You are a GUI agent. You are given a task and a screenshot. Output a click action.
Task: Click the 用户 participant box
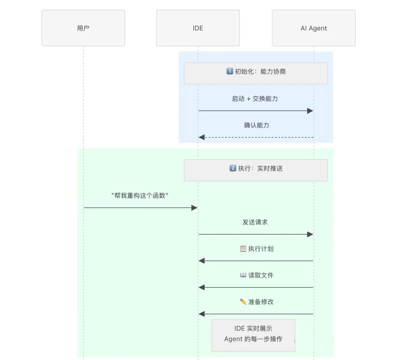(x=83, y=28)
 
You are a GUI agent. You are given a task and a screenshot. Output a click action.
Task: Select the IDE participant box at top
(x=198, y=28)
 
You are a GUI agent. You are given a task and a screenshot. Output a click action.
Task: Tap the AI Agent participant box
(x=314, y=28)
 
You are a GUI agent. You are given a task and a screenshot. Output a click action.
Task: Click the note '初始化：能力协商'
(x=256, y=73)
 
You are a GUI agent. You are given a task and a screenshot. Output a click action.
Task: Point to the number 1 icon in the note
(x=229, y=71)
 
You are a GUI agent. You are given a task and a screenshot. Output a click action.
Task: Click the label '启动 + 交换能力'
(x=255, y=99)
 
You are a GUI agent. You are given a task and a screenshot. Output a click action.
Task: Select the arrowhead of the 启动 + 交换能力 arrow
(x=310, y=111)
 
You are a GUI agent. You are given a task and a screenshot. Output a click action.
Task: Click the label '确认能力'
(x=256, y=125)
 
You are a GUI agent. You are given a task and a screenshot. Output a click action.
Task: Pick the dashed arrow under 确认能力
(x=256, y=137)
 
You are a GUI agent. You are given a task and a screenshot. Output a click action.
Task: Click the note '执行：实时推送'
(x=256, y=170)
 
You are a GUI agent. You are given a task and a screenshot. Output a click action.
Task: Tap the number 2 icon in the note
(x=233, y=168)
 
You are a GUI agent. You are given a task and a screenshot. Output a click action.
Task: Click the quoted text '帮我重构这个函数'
(x=140, y=196)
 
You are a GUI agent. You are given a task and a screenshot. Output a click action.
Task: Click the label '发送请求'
(x=255, y=222)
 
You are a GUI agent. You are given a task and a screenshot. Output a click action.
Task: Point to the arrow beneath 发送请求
(x=256, y=234)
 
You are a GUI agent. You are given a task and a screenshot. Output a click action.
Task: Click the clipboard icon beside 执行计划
(x=243, y=248)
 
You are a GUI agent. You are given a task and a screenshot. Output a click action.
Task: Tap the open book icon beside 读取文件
(x=243, y=275)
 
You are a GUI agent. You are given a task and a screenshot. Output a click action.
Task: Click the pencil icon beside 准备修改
(x=243, y=302)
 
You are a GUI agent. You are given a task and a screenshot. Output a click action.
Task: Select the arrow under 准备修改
(x=256, y=314)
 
